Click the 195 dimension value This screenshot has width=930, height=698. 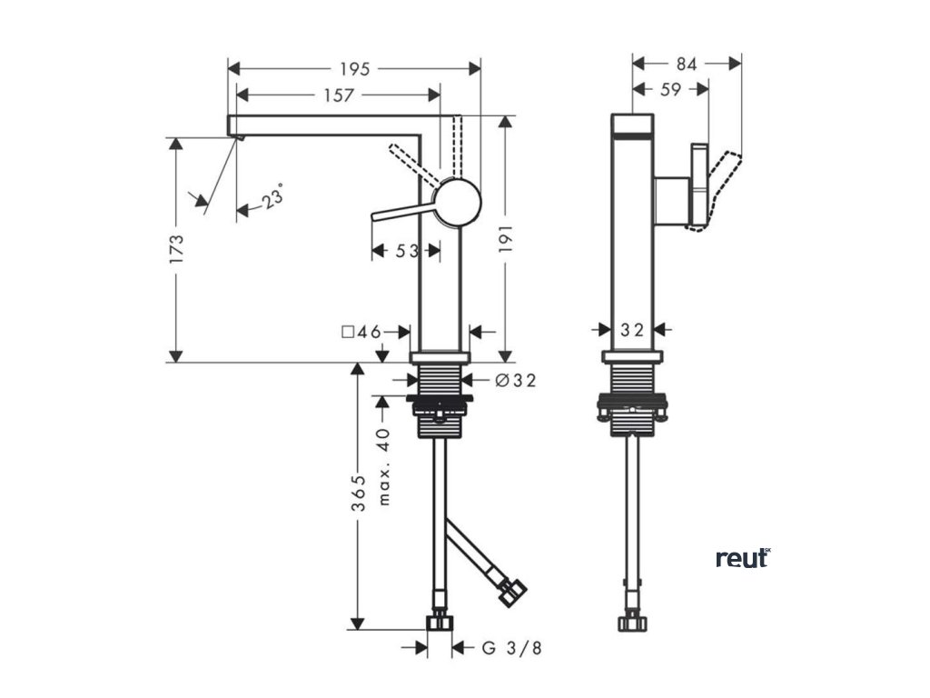(354, 69)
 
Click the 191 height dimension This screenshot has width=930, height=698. (507, 242)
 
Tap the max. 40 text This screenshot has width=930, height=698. (384, 466)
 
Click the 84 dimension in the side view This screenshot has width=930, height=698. (687, 64)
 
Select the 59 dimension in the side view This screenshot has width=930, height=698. (670, 89)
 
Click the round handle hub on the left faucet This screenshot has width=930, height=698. (458, 202)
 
